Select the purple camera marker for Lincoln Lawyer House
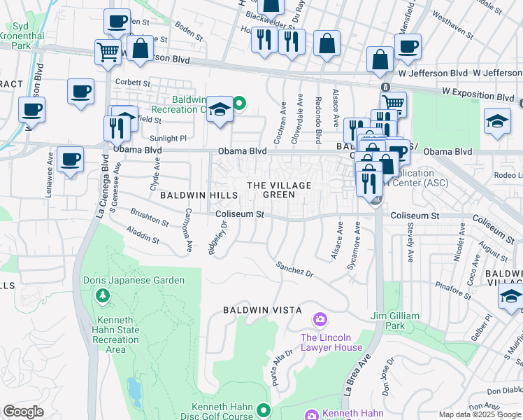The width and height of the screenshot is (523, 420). tap(320, 320)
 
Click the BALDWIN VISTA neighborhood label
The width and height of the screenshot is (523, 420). tap(262, 309)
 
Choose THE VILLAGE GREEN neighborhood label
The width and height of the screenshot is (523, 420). tap(278, 190)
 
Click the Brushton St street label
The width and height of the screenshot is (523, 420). tap(149, 218)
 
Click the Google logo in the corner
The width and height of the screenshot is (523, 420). tap(24, 412)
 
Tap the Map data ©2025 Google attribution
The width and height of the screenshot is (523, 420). tap(480, 414)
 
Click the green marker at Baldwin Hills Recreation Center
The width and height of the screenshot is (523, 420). tap(240, 104)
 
